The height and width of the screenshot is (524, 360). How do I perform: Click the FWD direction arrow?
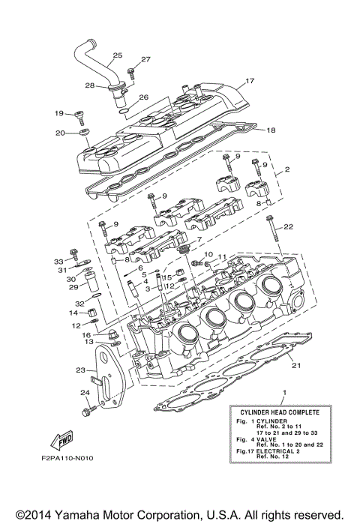[61, 441]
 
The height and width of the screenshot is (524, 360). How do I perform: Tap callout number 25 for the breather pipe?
[117, 55]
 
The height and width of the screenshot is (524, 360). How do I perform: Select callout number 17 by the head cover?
[250, 80]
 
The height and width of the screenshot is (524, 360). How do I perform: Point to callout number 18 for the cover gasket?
[271, 130]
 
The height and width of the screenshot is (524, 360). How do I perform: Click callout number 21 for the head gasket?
[296, 365]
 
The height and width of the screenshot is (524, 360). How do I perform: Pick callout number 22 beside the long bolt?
[288, 227]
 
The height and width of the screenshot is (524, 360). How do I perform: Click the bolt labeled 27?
[130, 73]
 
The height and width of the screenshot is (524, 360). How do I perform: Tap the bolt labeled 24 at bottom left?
[88, 410]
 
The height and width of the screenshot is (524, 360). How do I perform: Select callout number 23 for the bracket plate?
[81, 370]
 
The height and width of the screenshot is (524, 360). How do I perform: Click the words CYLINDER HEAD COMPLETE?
[280, 412]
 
